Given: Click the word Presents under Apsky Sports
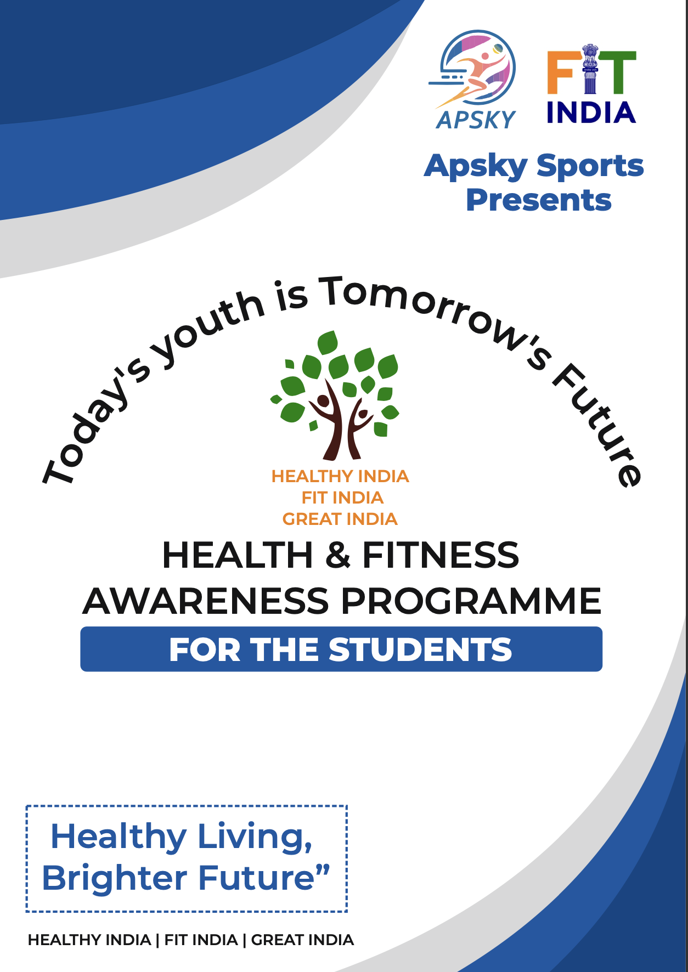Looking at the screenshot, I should pyautogui.click(x=538, y=200).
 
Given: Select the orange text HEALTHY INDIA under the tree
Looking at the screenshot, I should pyautogui.click(x=340, y=476).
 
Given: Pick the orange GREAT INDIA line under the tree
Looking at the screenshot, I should pyautogui.click(x=340, y=519).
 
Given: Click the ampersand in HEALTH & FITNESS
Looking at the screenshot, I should pyautogui.click(x=337, y=555).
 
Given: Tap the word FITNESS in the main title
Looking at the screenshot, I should pyautogui.click(x=441, y=555).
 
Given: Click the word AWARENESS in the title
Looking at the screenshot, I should pyautogui.click(x=206, y=601).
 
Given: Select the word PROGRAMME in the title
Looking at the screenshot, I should pyautogui.click(x=471, y=601).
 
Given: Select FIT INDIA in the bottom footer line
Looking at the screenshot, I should pyautogui.click(x=201, y=940).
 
